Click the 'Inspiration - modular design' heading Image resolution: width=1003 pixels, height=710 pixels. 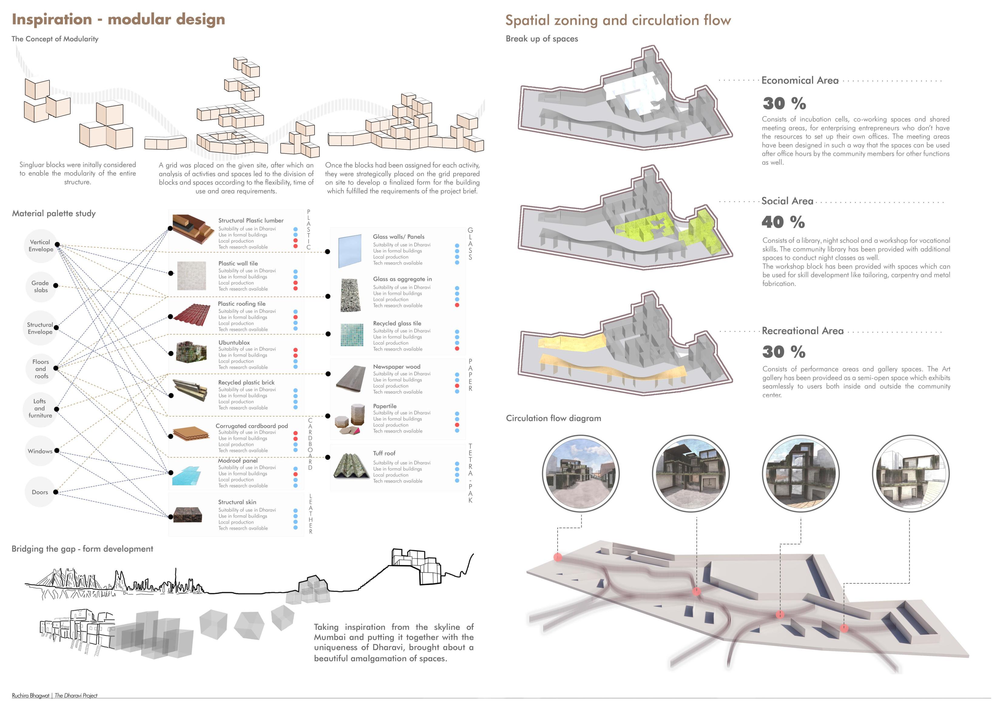pos(118,20)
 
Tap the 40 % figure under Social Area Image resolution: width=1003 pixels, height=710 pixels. pos(783,222)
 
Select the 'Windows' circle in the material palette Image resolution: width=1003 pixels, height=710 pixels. pos(40,451)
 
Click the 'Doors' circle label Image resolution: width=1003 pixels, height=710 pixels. pos(40,492)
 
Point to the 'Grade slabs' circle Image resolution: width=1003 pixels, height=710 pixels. pos(41,287)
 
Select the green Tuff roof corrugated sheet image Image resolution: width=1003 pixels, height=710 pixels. pos(352,466)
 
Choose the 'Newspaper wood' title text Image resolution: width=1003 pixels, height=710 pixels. pos(397,367)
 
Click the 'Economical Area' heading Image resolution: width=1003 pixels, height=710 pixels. pos(800,80)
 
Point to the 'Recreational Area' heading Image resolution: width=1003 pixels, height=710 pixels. pos(802,331)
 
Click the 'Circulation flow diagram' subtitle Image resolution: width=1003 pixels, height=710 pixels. pos(553,418)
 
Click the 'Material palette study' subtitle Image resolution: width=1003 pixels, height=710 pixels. pos(54,213)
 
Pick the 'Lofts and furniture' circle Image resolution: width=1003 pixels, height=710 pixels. pos(40,408)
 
